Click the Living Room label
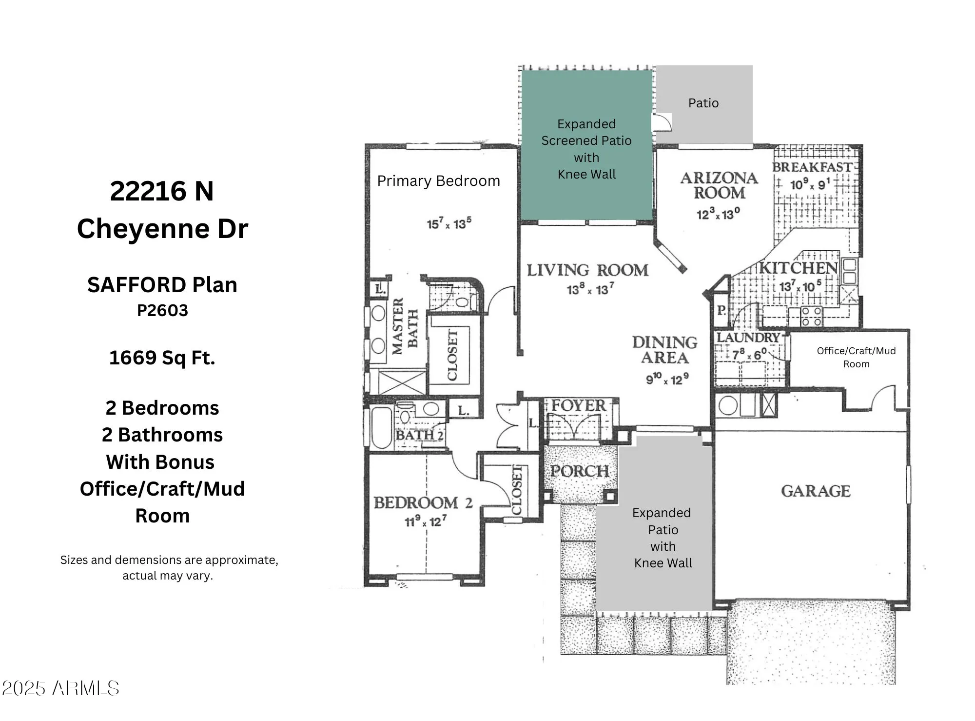(x=587, y=270)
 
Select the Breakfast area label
(x=812, y=167)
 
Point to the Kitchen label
(x=799, y=268)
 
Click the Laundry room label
(x=748, y=338)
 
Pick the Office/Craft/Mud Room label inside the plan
(x=856, y=357)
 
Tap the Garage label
(x=816, y=491)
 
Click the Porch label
(x=579, y=471)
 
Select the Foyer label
(x=579, y=405)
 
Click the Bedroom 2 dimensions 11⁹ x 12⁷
(x=425, y=521)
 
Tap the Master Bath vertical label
(x=405, y=326)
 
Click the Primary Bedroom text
(x=438, y=181)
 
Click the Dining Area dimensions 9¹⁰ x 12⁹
(x=667, y=379)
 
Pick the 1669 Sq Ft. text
(x=162, y=358)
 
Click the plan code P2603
(x=162, y=310)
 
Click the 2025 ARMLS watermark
(x=60, y=688)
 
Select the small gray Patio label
(x=703, y=103)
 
